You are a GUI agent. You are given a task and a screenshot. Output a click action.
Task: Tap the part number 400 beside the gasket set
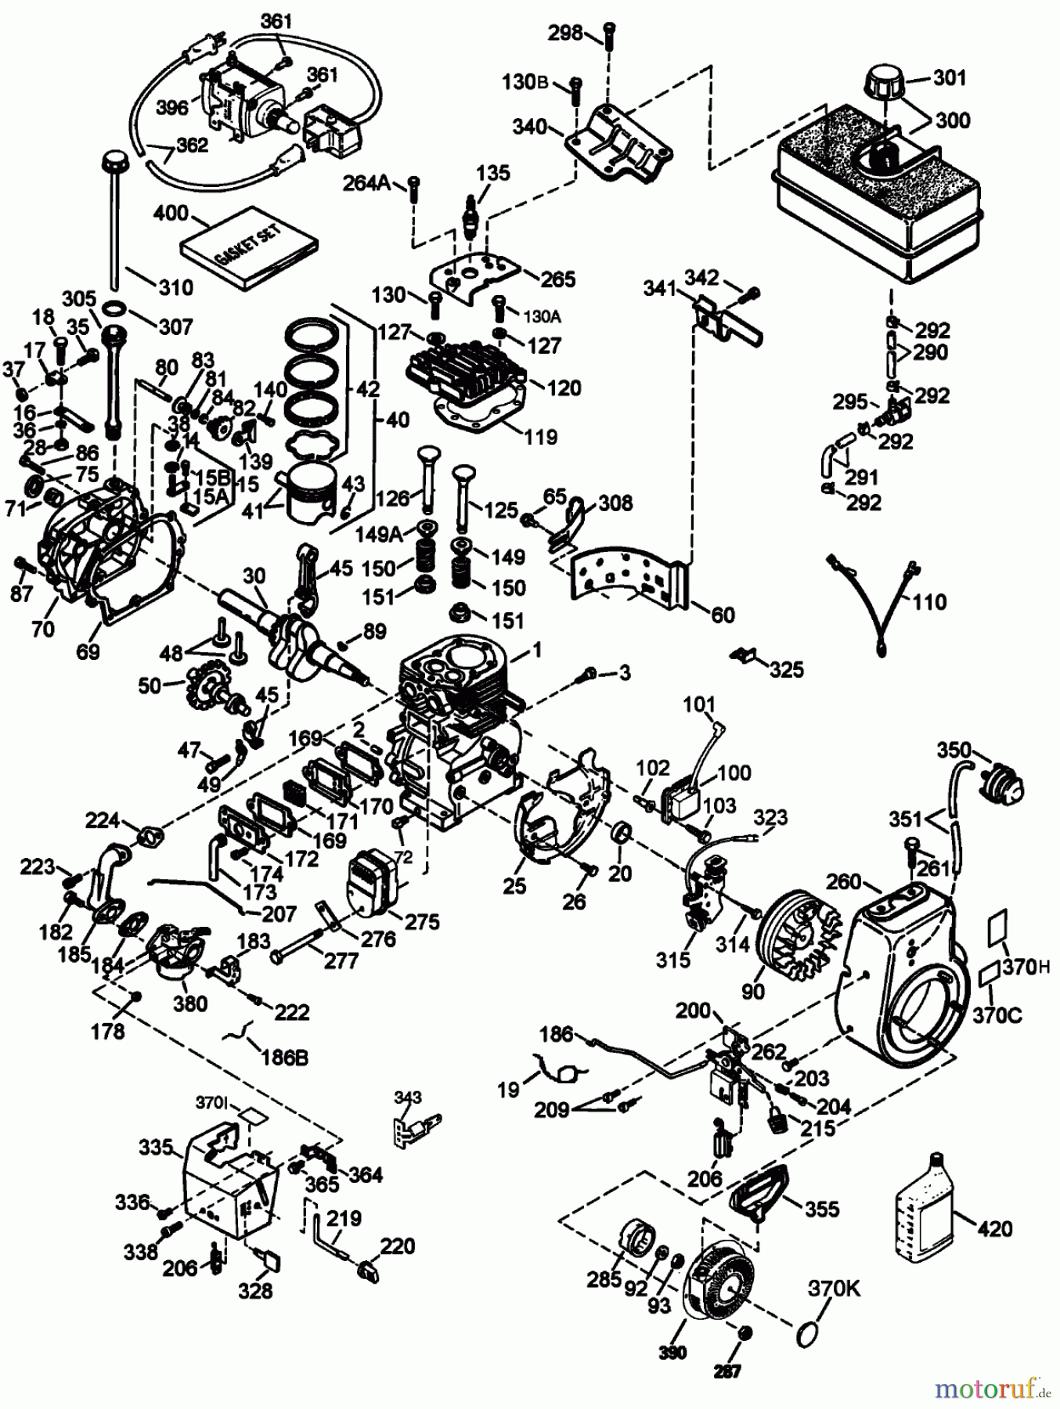coord(171,213)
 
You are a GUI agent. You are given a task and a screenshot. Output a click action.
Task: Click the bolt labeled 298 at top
coord(609,36)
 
